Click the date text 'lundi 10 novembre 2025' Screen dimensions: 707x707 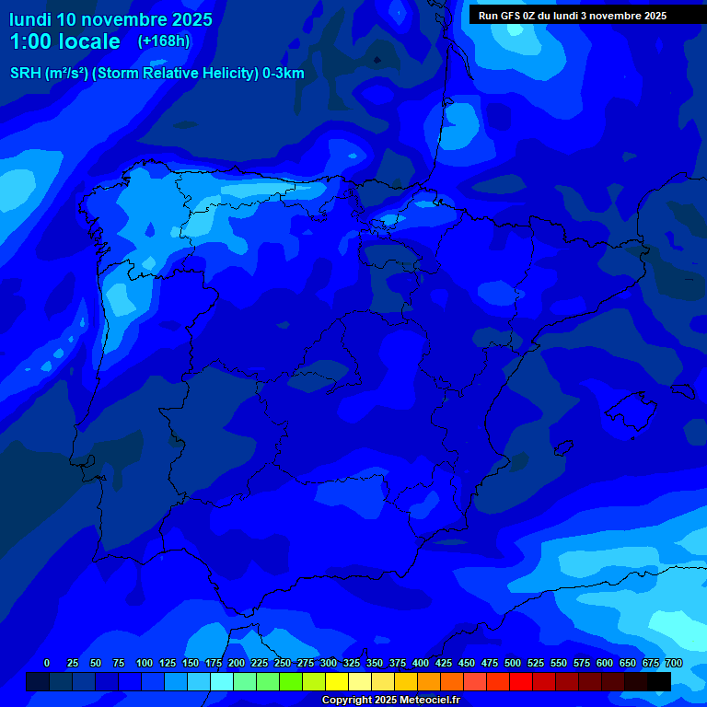coord(110,19)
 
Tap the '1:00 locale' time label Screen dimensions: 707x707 coord(64,41)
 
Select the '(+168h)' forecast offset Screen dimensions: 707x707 coord(163,41)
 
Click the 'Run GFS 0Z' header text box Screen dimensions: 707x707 coord(573,15)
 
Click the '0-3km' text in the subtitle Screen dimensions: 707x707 coord(283,74)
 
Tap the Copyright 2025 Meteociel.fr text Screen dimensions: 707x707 coord(390,700)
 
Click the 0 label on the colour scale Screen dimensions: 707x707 coord(47,663)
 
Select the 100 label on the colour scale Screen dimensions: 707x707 coord(145,663)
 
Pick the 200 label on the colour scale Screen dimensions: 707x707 coord(237,663)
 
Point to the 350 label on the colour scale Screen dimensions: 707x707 coord(375,663)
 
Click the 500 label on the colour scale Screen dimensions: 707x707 coord(513,663)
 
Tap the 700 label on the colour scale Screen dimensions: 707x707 coord(674,663)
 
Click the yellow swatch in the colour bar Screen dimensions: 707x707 coord(337,681)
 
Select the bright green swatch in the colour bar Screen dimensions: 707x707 coord(291,681)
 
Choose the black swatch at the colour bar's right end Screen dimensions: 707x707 coord(659,681)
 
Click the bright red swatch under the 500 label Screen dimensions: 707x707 coord(521,681)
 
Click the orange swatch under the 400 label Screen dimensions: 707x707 coord(429,681)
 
